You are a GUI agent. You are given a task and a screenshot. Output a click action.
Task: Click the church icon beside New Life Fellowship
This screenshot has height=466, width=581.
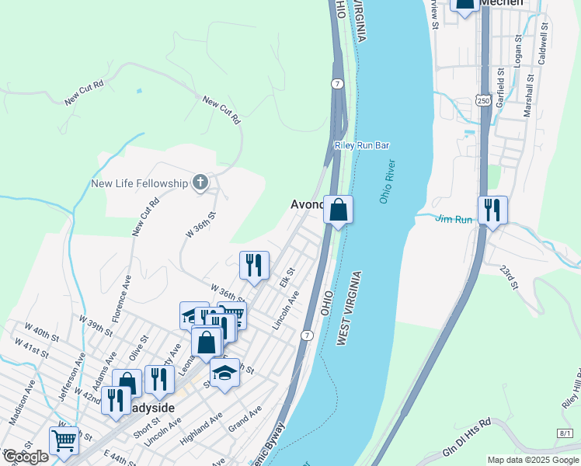point(200,183)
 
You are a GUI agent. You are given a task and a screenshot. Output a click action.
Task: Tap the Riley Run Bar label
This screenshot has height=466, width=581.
point(361,145)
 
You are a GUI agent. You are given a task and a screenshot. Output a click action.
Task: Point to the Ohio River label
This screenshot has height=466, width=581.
point(387,182)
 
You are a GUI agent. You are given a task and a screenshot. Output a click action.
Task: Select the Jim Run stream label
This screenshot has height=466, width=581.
point(454,220)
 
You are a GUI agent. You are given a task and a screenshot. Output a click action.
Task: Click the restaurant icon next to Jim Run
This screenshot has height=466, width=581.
point(492,210)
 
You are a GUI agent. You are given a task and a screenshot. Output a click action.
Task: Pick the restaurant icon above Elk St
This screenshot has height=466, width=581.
point(254,266)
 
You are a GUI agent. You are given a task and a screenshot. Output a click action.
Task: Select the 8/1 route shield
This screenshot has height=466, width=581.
point(565,433)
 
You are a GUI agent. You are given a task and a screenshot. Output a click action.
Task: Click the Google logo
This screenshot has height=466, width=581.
point(26,457)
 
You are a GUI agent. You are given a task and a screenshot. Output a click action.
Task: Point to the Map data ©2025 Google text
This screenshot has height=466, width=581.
point(533,460)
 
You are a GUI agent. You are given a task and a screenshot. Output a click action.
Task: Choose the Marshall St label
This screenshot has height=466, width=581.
point(529,95)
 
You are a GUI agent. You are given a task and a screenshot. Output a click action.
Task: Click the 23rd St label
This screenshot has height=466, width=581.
point(508,278)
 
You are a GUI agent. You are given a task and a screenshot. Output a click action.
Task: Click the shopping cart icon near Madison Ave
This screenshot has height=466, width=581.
point(64,440)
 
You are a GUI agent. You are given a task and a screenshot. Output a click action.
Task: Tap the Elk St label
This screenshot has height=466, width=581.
point(287,276)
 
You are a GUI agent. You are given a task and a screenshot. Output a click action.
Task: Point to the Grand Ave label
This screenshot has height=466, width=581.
point(245,416)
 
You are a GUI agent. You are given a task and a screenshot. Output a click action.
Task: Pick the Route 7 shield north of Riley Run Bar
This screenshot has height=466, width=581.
point(336,82)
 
